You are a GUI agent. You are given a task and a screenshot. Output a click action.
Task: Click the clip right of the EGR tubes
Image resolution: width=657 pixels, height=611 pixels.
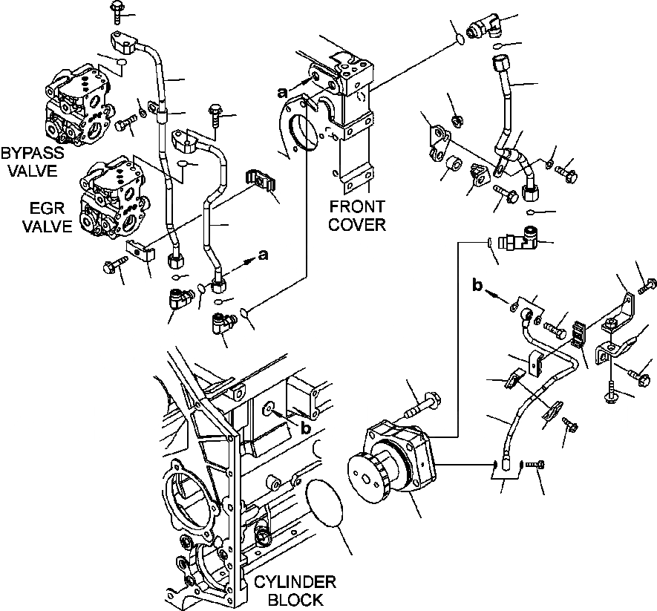[259, 183]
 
